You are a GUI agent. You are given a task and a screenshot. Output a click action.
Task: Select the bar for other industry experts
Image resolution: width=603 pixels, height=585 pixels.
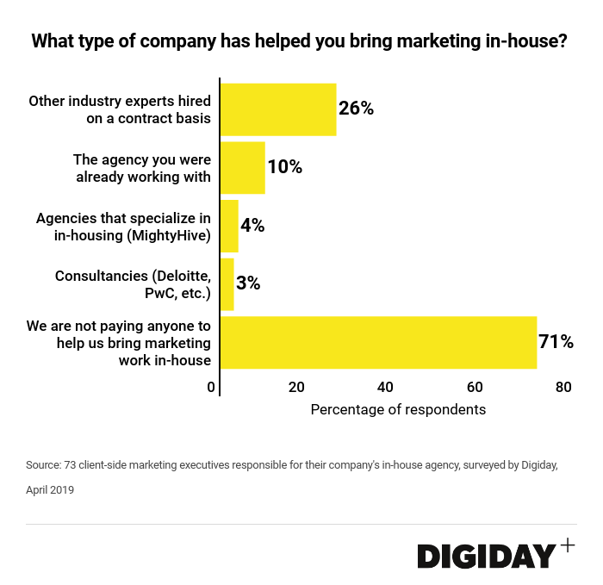click(278, 109)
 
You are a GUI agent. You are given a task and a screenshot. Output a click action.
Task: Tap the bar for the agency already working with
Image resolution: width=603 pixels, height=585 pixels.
click(243, 168)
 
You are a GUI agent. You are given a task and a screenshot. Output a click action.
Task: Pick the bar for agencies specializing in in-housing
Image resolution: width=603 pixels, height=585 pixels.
click(230, 226)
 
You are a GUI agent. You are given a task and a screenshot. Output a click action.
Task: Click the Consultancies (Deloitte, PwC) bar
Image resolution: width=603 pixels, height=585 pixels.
click(227, 284)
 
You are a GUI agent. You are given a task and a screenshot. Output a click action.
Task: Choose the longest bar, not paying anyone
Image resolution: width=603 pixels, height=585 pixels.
click(378, 342)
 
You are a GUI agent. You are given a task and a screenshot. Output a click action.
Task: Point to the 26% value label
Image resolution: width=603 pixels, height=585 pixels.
click(356, 109)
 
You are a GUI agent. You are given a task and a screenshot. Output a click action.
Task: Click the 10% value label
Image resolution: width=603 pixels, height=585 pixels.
click(285, 167)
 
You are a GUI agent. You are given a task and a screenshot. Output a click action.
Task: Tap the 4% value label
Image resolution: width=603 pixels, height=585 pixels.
click(252, 226)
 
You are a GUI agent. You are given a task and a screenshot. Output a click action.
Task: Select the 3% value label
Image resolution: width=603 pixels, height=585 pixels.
click(248, 283)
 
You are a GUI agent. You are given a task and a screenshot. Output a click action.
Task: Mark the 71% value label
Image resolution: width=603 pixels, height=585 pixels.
click(556, 342)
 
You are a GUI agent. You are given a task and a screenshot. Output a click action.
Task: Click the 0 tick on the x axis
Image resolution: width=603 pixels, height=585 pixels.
click(212, 388)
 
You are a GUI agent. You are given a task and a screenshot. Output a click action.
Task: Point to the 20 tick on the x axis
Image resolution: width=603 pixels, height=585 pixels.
click(297, 388)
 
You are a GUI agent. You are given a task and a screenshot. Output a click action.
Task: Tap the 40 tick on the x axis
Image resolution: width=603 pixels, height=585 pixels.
click(386, 388)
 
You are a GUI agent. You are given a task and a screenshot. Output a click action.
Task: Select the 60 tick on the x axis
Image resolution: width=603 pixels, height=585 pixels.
click(475, 388)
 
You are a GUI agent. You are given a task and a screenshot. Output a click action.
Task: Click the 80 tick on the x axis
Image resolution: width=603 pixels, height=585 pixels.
click(563, 388)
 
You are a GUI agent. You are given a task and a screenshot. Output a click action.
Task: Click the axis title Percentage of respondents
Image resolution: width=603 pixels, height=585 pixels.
click(398, 409)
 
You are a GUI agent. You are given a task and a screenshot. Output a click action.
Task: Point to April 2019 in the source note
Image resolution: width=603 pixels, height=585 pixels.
click(50, 490)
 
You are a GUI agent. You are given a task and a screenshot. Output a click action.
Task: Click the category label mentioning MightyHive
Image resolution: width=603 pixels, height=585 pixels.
click(123, 226)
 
